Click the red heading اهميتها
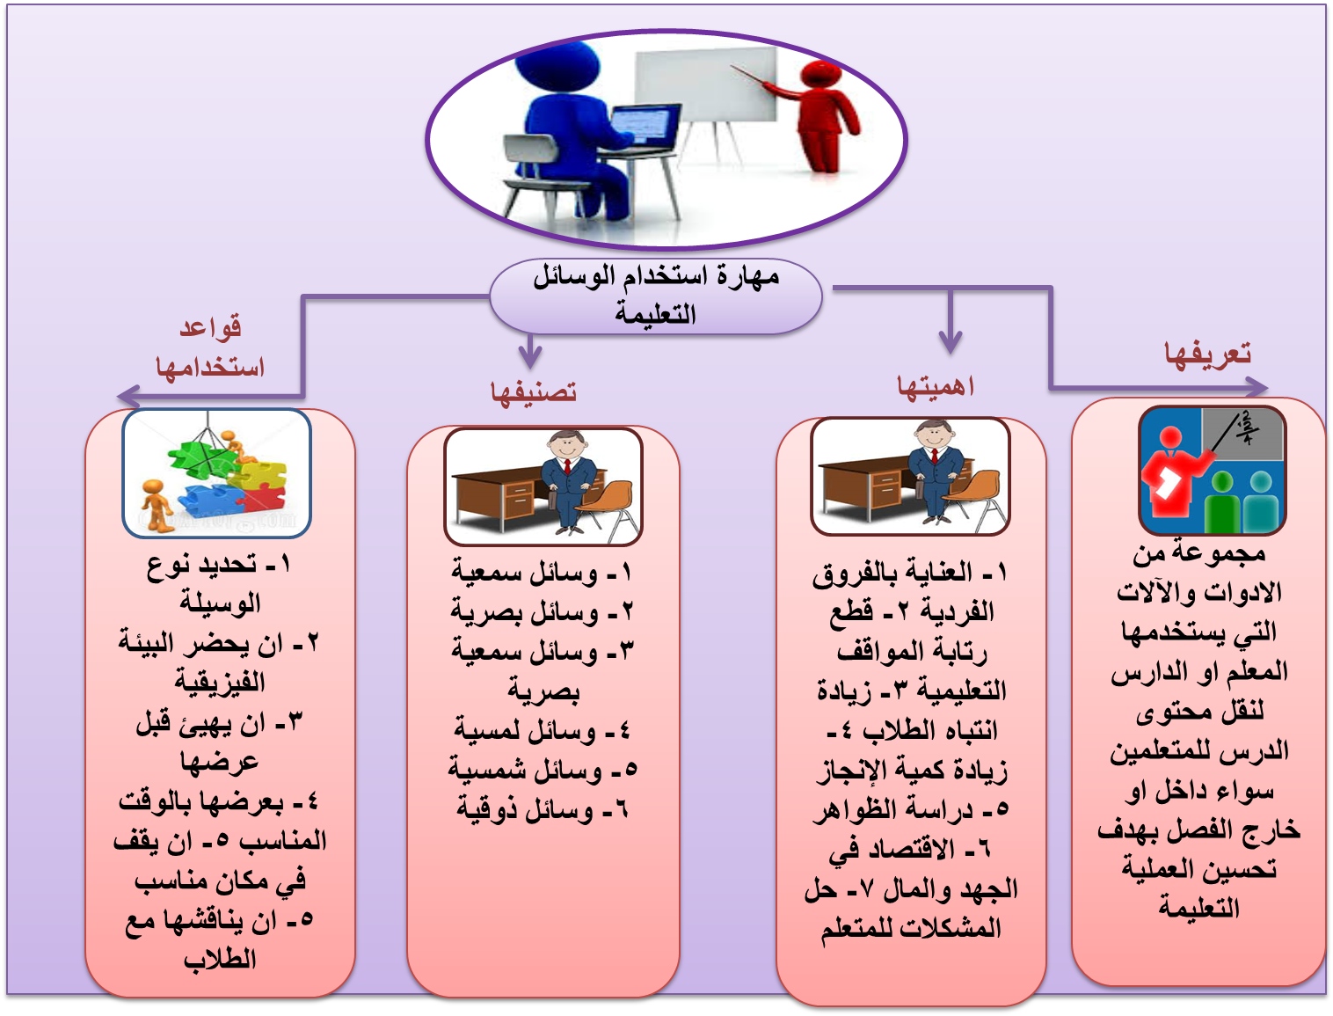936,387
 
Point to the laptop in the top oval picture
645,128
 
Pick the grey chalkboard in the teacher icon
1242,435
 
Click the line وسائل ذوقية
542,810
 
